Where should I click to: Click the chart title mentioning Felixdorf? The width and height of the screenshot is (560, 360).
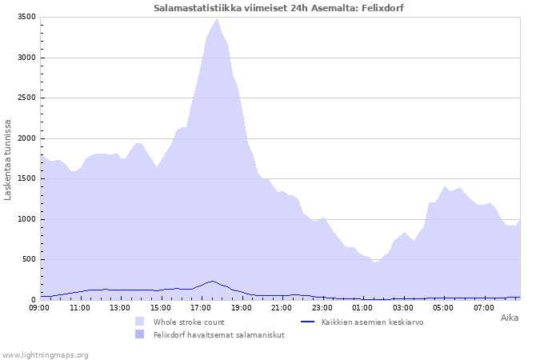click(x=278, y=8)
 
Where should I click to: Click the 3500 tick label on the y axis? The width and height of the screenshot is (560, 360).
click(x=26, y=17)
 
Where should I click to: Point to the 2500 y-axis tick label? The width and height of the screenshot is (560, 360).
click(x=26, y=98)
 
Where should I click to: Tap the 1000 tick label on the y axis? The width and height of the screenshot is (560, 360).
click(x=26, y=219)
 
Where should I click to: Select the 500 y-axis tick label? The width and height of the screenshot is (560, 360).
click(x=29, y=259)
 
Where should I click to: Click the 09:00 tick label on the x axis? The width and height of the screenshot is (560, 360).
click(x=39, y=307)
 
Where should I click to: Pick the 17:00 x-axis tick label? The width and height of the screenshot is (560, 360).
click(x=201, y=307)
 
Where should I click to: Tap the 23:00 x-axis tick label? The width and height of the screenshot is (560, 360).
click(x=322, y=307)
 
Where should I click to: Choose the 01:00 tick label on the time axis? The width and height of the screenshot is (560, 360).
click(x=362, y=307)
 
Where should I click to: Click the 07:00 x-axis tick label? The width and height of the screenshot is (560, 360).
click(x=484, y=307)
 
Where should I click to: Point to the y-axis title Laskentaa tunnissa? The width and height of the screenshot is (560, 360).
click(x=7, y=160)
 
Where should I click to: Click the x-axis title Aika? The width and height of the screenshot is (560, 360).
click(x=510, y=318)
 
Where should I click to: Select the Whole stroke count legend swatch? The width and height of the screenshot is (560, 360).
click(x=140, y=322)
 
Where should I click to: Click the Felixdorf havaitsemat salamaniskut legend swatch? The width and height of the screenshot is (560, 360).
click(x=140, y=334)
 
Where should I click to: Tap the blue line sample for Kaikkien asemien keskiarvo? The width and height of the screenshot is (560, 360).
click(x=307, y=322)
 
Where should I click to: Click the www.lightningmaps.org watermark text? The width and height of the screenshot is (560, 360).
click(x=45, y=355)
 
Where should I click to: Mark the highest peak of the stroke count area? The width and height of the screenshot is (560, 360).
click(x=217, y=19)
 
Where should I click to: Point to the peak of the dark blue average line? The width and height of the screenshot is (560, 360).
click(x=212, y=281)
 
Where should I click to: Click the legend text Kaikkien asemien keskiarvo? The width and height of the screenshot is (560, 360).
click(x=373, y=322)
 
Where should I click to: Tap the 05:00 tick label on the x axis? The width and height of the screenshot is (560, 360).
click(x=443, y=307)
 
